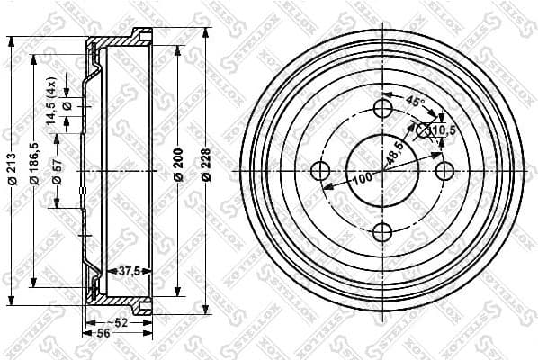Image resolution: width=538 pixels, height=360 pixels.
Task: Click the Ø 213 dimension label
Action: tap(13, 171)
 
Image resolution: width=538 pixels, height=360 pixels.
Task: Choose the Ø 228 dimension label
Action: tap(206, 166)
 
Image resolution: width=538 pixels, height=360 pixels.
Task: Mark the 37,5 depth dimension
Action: tap(132, 269)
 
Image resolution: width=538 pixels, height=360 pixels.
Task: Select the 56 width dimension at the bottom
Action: tap(101, 333)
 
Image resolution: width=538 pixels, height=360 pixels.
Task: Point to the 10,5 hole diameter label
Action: tap(443, 132)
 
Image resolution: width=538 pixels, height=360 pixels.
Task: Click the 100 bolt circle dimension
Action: tap(362, 178)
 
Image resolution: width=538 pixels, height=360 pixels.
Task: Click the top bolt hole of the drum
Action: tap(382, 109)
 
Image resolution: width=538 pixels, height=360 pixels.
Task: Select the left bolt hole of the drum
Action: tap(320, 171)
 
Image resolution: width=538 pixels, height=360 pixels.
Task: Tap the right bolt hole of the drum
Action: tap(444, 170)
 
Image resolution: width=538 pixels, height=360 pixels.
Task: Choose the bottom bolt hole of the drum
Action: tap(382, 232)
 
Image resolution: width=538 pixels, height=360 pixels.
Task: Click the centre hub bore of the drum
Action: tap(382, 171)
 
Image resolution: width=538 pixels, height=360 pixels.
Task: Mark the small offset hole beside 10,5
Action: tap(424, 130)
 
